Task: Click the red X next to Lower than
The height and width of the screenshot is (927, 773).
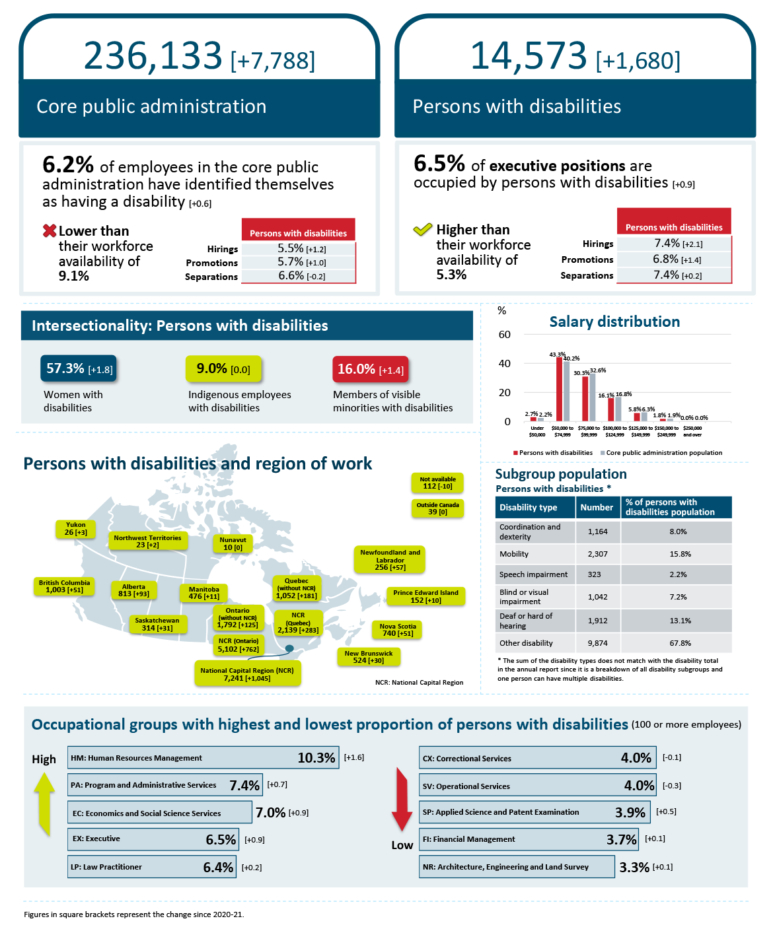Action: click(x=50, y=231)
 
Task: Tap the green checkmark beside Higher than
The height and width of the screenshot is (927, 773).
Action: click(x=422, y=230)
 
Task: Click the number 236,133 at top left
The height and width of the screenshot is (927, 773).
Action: click(x=153, y=55)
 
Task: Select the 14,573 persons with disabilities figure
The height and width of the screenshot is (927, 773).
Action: click(x=528, y=55)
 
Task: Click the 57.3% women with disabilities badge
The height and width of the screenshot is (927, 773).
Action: click(x=79, y=368)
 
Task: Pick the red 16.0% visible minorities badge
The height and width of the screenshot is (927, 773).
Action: click(x=371, y=369)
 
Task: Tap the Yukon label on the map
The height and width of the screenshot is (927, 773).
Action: click(x=76, y=529)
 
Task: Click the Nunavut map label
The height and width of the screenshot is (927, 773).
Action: click(x=233, y=543)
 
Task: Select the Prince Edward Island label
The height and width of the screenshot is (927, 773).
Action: click(x=425, y=596)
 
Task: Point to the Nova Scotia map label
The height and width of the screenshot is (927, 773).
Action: click(x=397, y=630)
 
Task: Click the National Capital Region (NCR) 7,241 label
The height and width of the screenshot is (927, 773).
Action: click(x=247, y=674)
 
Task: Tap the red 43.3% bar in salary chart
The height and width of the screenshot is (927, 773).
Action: click(x=559, y=389)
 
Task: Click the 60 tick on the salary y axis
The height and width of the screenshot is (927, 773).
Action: click(x=505, y=335)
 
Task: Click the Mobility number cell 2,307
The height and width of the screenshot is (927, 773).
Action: click(x=597, y=554)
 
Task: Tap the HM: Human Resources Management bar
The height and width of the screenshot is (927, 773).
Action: click(x=203, y=758)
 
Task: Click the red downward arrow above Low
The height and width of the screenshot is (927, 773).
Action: click(x=402, y=799)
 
